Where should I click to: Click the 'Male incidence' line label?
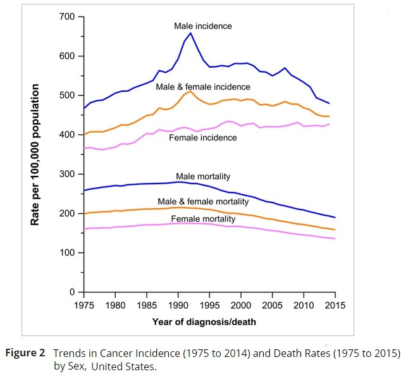click(203, 27)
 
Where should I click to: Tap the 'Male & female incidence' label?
click(203, 87)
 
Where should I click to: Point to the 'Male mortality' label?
click(202, 175)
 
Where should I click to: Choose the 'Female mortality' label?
click(203, 219)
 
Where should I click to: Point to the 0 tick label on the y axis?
click(71, 292)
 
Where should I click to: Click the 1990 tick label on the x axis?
click(178, 305)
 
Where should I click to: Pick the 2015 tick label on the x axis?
click(335, 305)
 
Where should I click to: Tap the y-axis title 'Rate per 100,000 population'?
click(35, 154)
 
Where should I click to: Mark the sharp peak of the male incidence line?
click(190, 33)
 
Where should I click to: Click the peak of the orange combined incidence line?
click(190, 91)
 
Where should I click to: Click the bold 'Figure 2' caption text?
click(28, 352)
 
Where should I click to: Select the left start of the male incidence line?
click(83, 108)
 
